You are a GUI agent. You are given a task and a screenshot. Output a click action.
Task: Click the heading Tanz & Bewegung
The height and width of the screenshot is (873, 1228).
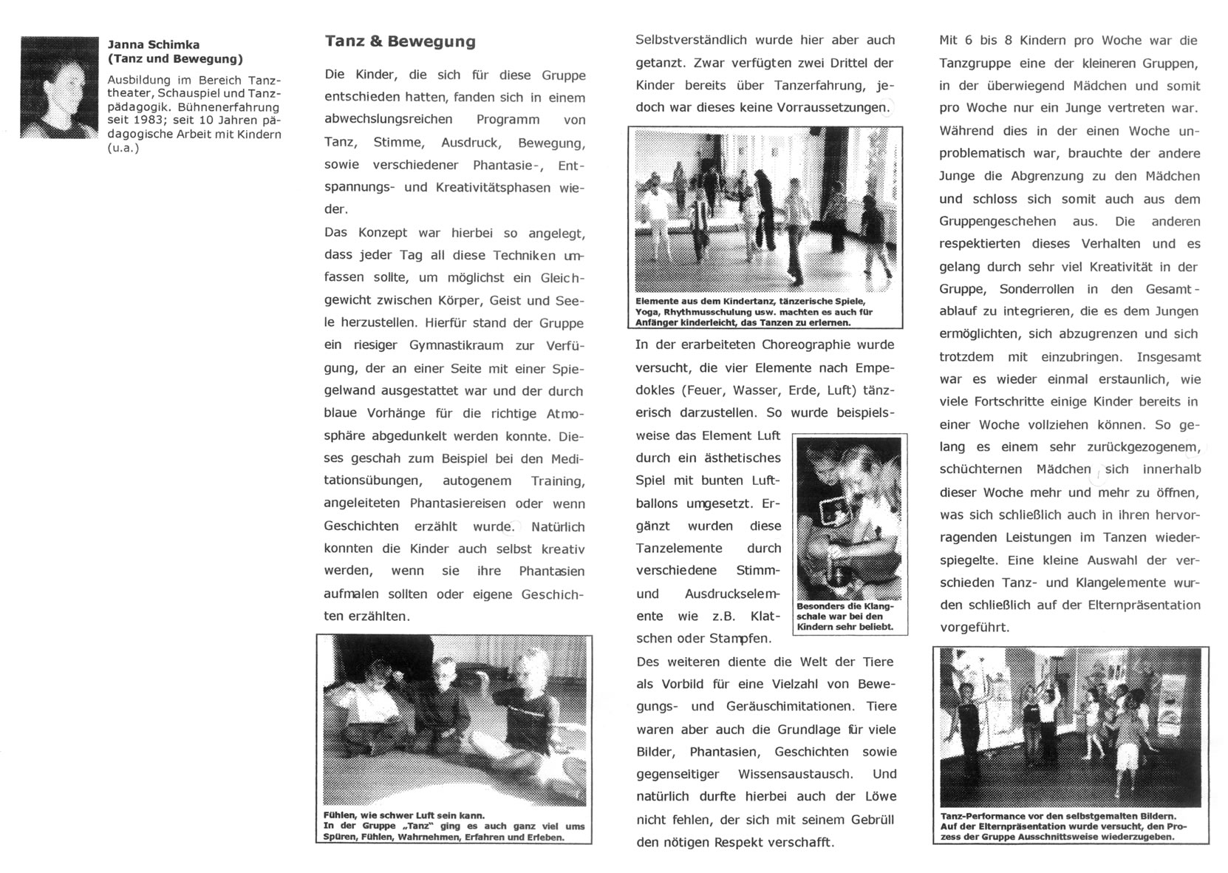coord(400,41)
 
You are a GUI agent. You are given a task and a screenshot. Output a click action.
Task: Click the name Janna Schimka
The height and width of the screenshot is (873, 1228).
coord(154,44)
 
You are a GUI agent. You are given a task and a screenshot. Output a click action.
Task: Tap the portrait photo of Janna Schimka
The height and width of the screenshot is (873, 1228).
coord(59,87)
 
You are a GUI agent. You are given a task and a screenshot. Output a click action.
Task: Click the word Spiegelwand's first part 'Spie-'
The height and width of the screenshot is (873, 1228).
coord(567,368)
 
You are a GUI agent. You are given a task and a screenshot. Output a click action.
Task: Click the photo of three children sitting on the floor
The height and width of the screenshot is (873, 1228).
coord(454,720)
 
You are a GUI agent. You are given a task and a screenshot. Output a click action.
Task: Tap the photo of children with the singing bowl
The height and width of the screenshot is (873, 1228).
coord(849,517)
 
